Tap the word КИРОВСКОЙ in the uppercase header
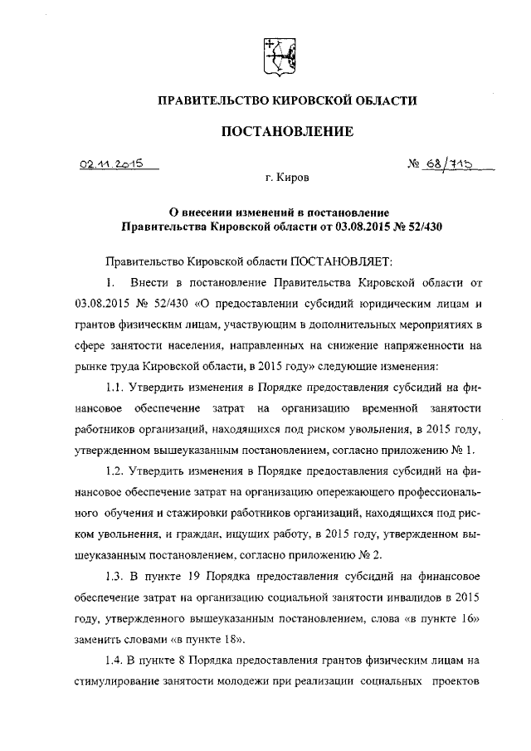(314, 100)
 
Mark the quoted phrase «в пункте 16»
(435, 619)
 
